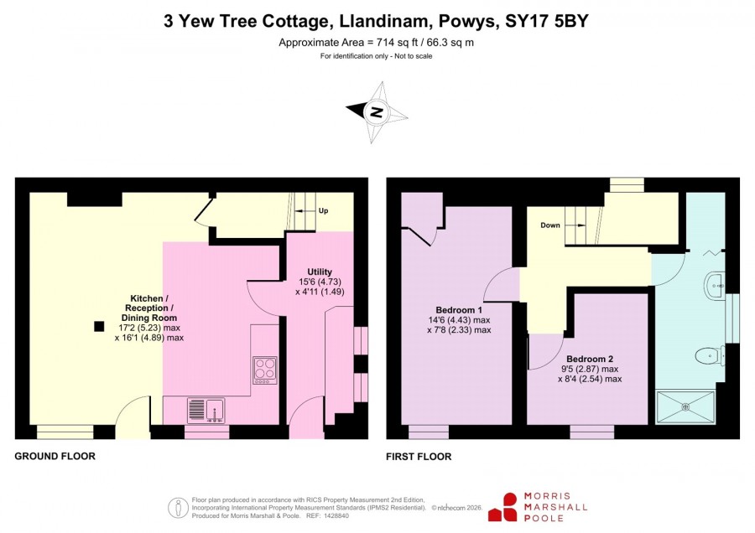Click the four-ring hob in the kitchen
[x=265, y=370]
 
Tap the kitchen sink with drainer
[x=206, y=411]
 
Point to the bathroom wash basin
[x=714, y=286]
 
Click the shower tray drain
[x=685, y=407]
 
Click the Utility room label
[x=320, y=272]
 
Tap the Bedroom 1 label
[x=458, y=310]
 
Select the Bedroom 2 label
[x=590, y=360]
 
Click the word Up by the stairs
[x=324, y=210]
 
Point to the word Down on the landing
[x=549, y=225]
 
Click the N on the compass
[x=377, y=112]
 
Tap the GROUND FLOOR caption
[x=55, y=456]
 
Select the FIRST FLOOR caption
[x=419, y=457]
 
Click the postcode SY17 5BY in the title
[x=546, y=21]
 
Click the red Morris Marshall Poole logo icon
[x=503, y=507]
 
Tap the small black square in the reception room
[x=99, y=327]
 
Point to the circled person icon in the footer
[x=178, y=508]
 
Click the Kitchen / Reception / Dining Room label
[x=148, y=308]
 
